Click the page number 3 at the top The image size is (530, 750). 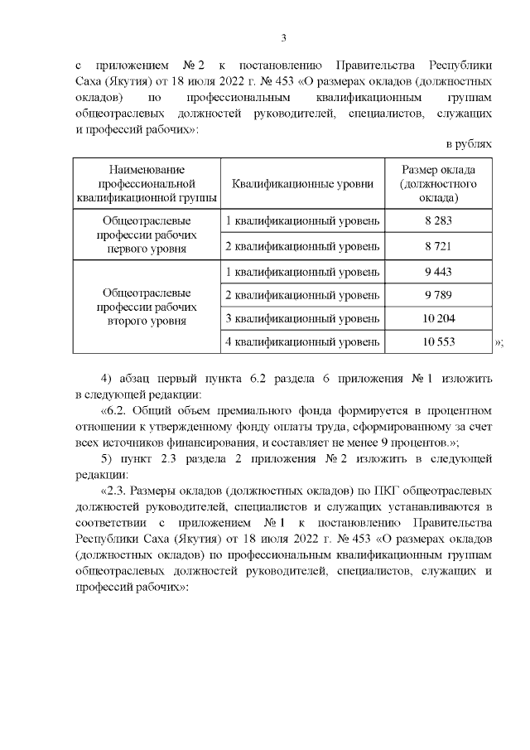click(283, 37)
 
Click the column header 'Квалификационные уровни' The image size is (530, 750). click(303, 183)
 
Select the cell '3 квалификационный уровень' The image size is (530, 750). click(303, 318)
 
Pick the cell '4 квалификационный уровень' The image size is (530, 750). click(303, 341)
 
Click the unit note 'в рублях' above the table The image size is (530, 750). click(470, 144)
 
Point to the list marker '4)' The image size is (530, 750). click(106, 379)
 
